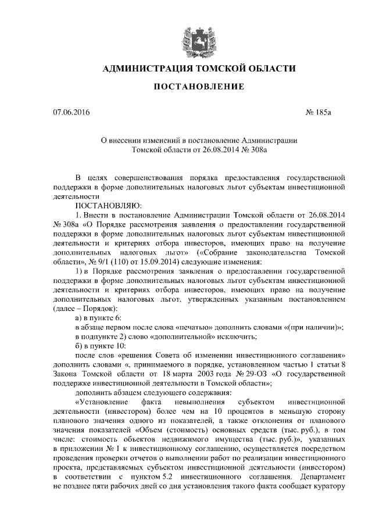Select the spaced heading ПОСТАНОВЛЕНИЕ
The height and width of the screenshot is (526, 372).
coord(199,88)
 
